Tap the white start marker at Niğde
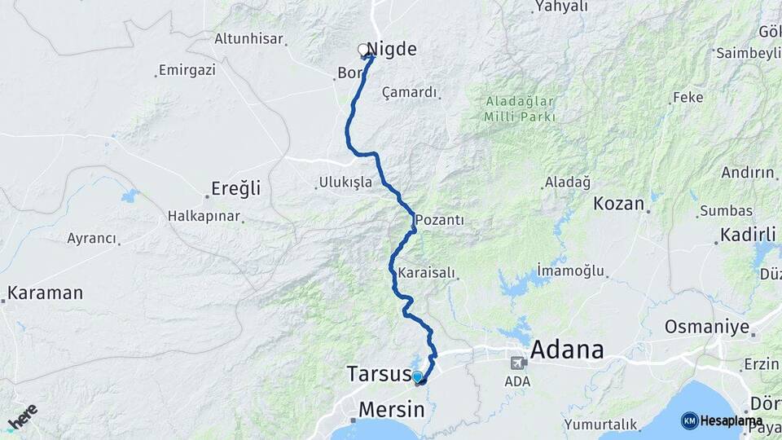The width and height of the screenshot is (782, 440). (363, 50)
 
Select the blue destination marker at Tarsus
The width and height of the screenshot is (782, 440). (417, 377)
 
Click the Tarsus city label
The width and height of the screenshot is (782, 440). (377, 374)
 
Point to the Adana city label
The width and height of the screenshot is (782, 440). (567, 350)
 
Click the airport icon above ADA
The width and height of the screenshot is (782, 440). (517, 363)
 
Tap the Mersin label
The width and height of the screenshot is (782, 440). (392, 409)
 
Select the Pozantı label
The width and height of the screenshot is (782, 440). (439, 220)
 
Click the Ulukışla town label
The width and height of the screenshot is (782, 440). (345, 182)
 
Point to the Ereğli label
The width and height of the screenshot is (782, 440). (235, 189)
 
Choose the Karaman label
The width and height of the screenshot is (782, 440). (46, 293)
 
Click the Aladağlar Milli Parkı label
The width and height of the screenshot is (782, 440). (520, 109)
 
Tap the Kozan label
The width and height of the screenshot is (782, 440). (618, 203)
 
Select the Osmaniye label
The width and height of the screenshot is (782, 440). (706, 328)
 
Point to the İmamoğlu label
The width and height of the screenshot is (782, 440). (570, 270)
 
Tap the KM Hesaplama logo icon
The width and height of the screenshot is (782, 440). (689, 420)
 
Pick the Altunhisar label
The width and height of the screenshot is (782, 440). (248, 38)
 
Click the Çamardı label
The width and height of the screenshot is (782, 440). (410, 92)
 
